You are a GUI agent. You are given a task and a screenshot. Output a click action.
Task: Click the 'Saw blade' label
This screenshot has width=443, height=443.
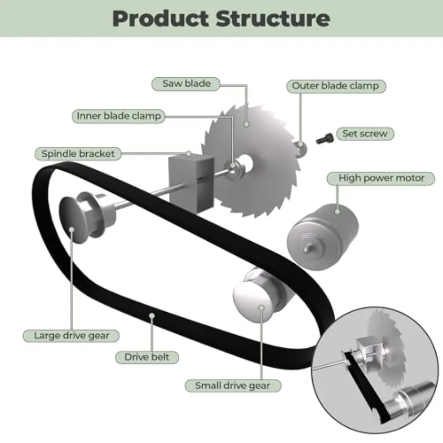[186, 84]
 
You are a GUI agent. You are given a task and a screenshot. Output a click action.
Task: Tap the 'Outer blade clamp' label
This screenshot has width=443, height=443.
[336, 86]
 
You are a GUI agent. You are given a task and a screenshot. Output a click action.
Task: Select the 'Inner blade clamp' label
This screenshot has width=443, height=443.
[118, 116]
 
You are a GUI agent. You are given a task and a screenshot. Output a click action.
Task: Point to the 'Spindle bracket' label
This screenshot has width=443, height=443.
[78, 154]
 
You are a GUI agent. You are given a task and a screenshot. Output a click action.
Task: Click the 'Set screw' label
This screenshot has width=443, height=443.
[365, 133]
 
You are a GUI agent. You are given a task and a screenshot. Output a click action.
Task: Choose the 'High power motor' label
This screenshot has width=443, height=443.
[381, 178]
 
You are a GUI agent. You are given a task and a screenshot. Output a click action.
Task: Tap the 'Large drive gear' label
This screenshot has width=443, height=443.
[71, 336]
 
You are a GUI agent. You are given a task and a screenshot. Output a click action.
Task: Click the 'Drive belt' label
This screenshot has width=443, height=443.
[147, 357]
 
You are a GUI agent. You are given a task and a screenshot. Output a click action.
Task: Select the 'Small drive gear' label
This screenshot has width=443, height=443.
[233, 385]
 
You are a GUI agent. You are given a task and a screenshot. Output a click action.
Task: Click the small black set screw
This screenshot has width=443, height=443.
[324, 138]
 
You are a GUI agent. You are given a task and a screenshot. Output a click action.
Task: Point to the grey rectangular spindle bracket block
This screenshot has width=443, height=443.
[191, 184]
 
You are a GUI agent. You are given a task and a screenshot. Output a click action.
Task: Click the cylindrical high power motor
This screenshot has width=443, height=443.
[322, 237]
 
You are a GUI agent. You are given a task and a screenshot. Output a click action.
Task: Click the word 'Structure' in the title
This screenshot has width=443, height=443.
[273, 18]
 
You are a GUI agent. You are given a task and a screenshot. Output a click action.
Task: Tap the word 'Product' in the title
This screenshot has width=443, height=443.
[161, 19]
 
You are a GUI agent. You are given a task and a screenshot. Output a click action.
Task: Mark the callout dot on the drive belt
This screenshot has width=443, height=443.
[152, 316]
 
